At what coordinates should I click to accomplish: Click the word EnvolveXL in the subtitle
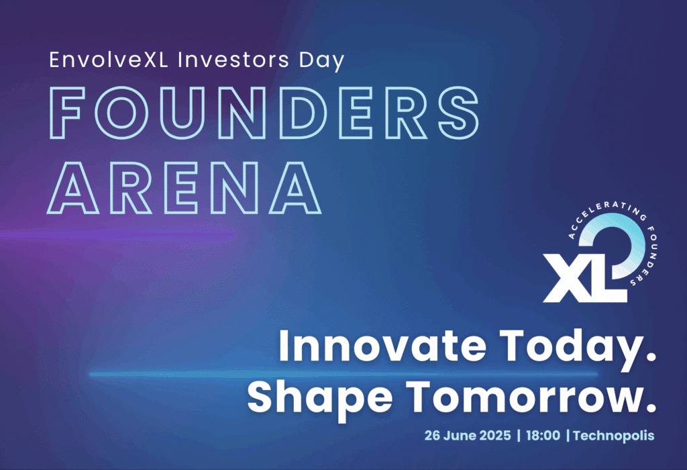coord(109,60)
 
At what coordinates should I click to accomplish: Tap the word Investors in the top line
coord(233,60)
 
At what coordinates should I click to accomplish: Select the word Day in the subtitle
coord(322,61)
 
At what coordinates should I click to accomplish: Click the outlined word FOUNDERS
coord(263,113)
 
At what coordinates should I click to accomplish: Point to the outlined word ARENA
coord(184,187)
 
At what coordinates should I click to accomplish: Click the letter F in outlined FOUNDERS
coord(66,113)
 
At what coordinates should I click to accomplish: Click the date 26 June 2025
coord(468,435)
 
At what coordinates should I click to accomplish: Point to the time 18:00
coord(543,435)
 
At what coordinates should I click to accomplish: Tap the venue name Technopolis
coord(613,436)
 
